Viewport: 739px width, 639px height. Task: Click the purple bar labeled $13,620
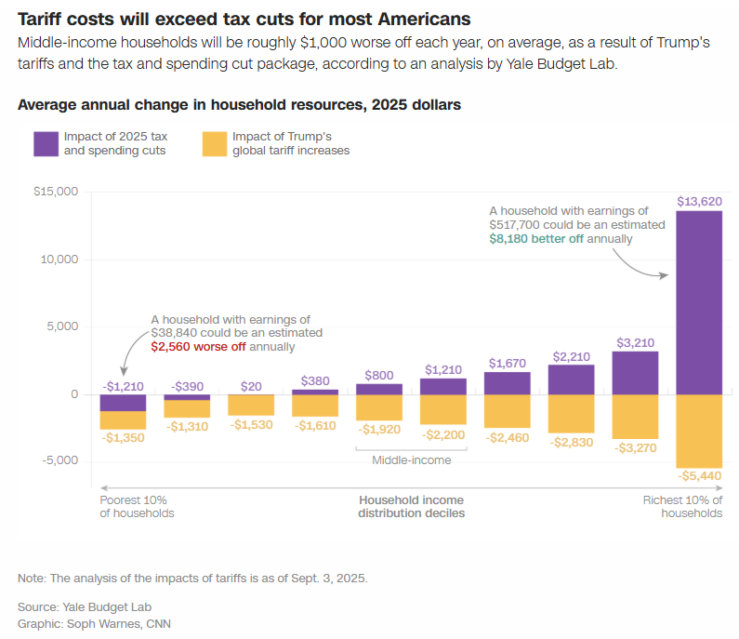click(x=699, y=302)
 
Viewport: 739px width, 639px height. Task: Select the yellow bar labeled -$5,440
click(x=699, y=431)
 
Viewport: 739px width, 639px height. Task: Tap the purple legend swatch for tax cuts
click(x=46, y=143)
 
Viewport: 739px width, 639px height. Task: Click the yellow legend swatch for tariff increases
click(x=214, y=143)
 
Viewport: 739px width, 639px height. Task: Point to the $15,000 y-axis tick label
click(x=56, y=192)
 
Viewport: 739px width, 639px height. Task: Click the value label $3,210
click(x=635, y=342)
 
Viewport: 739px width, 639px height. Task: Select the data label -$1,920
click(x=379, y=430)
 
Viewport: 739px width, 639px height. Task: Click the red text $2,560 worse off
click(x=198, y=346)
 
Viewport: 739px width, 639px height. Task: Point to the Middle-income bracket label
click(x=411, y=459)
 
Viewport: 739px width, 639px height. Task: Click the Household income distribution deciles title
click(x=412, y=506)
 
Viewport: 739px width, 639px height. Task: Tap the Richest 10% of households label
click(x=682, y=506)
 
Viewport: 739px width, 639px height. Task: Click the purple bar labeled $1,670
click(x=508, y=383)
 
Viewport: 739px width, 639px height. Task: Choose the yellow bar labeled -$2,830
click(x=572, y=413)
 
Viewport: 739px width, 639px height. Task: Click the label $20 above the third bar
click(x=251, y=386)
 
